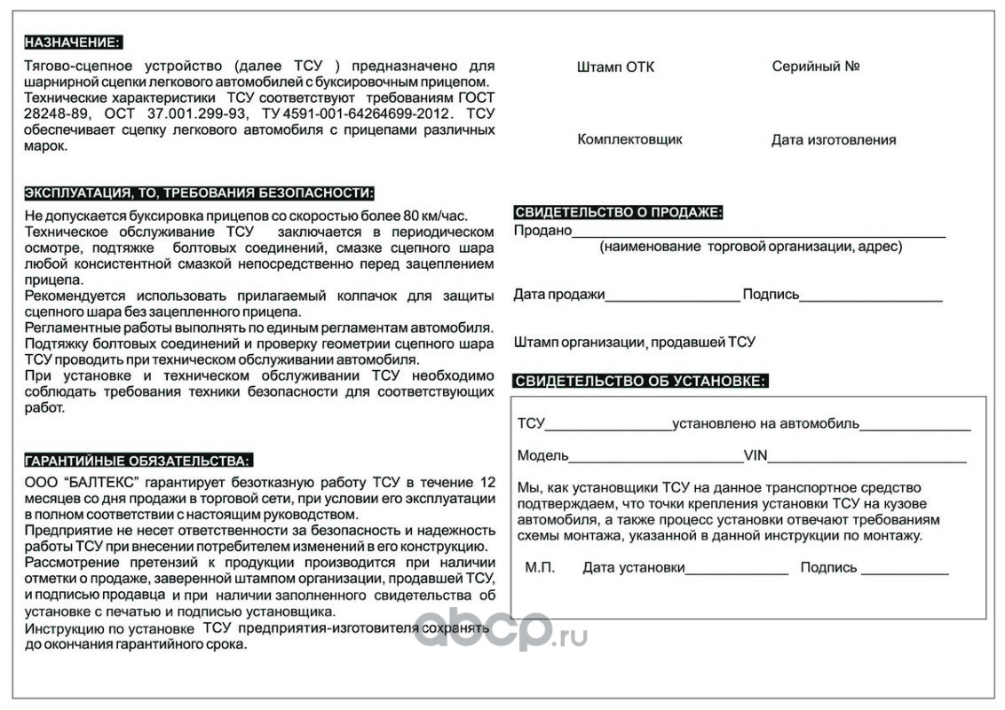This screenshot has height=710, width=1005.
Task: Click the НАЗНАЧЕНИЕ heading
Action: click(x=73, y=43)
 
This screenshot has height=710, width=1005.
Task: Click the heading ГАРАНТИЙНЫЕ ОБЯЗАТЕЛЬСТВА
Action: click(x=138, y=460)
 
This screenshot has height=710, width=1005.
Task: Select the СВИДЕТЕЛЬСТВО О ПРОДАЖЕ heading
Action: click(x=618, y=212)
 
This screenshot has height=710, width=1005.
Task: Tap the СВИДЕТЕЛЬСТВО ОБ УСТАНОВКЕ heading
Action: click(x=640, y=382)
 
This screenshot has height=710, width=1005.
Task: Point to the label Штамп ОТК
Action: click(x=615, y=67)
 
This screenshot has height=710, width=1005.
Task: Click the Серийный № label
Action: click(x=815, y=67)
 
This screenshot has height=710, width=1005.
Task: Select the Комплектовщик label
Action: click(x=629, y=139)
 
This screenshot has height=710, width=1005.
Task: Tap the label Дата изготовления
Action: click(x=833, y=140)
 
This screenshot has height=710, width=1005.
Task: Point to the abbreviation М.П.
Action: click(x=540, y=568)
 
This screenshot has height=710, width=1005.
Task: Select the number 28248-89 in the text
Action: click(x=52, y=114)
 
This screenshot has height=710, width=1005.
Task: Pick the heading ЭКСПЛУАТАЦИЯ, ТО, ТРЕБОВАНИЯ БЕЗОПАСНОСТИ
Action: click(x=199, y=193)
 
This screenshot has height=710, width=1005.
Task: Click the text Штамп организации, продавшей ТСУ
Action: click(x=634, y=342)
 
